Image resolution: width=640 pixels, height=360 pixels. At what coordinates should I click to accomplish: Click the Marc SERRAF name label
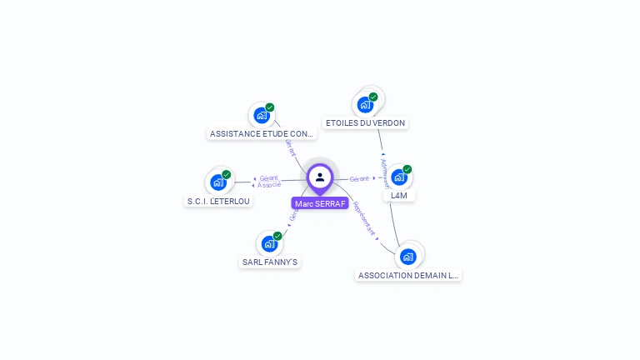(x=320, y=203)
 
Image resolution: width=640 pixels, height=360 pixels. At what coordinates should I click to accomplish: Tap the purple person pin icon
(x=320, y=177)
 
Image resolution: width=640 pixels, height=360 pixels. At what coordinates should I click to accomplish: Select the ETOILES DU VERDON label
(x=365, y=123)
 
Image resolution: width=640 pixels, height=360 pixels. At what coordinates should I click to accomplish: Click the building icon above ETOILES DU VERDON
(x=365, y=105)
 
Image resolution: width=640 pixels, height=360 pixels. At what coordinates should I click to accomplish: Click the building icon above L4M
(x=399, y=177)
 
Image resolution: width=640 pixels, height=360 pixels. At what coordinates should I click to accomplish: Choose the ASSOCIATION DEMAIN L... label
(x=408, y=275)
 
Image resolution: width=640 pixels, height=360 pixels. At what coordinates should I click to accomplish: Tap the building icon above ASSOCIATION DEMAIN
(x=407, y=256)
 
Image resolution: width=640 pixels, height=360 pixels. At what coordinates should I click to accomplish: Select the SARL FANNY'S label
(x=270, y=262)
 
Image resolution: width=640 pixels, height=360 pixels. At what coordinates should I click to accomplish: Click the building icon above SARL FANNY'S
(x=268, y=243)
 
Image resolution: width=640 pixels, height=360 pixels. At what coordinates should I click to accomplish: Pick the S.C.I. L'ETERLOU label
(x=218, y=201)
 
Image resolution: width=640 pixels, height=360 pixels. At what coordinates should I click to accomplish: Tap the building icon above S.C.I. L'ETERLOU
(x=218, y=182)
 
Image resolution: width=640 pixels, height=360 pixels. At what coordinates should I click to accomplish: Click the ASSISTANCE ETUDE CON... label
(x=262, y=133)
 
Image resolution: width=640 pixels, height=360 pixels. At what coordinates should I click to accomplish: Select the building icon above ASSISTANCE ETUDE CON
(x=262, y=115)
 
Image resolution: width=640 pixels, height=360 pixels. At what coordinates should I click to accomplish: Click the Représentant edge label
(x=366, y=219)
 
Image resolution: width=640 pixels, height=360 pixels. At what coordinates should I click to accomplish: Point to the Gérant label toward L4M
(x=359, y=179)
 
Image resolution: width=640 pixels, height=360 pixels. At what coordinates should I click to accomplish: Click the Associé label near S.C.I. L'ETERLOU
(x=269, y=185)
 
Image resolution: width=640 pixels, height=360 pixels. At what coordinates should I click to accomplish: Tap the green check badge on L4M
(x=407, y=169)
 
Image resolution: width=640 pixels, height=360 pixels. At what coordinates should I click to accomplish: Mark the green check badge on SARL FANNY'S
(x=277, y=236)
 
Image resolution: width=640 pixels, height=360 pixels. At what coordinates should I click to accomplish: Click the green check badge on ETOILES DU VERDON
(x=373, y=97)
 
